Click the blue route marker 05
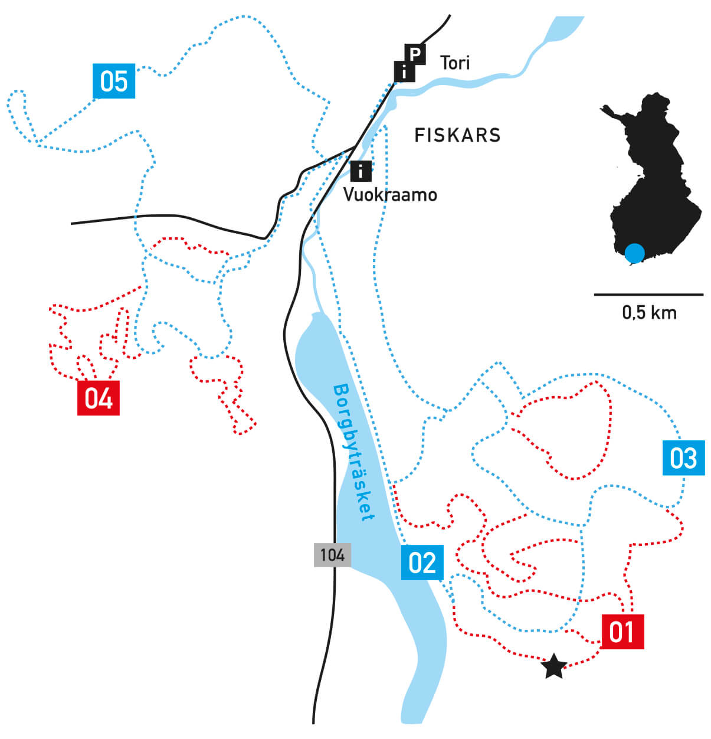tap(114, 81)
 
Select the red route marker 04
tap(99, 398)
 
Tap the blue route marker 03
tap(683, 457)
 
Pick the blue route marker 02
tap(422, 563)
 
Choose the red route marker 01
tap(622, 632)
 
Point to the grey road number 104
tap(332, 555)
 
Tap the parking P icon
tap(415, 54)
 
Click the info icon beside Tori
tap(404, 71)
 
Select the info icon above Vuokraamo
tap(361, 171)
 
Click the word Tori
tap(455, 63)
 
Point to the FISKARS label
tap(457, 135)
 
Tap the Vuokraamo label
tap(390, 195)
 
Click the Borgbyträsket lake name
tap(354, 453)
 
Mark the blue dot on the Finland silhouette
tap(634, 253)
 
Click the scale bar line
tap(648, 294)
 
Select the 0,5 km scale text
tap(649, 312)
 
